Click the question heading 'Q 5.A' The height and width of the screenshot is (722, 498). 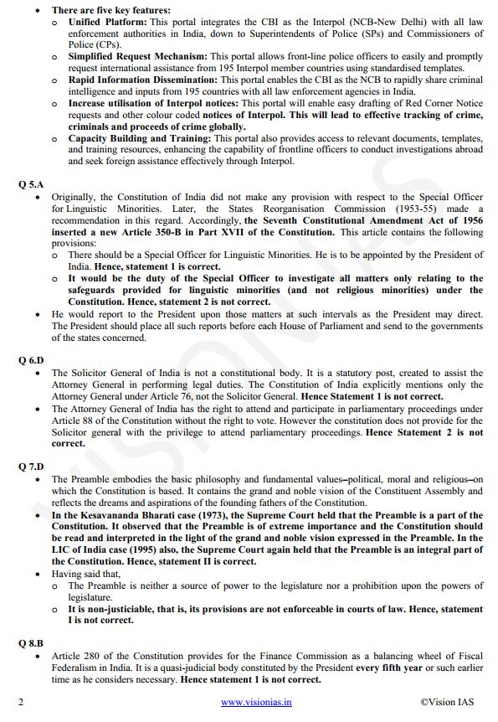[x=30, y=183]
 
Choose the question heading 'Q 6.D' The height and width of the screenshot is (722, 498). [x=30, y=359]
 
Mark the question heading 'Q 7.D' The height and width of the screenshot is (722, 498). [x=30, y=464]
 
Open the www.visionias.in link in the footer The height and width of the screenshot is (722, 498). [x=256, y=703]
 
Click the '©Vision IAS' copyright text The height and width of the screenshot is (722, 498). [x=450, y=703]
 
